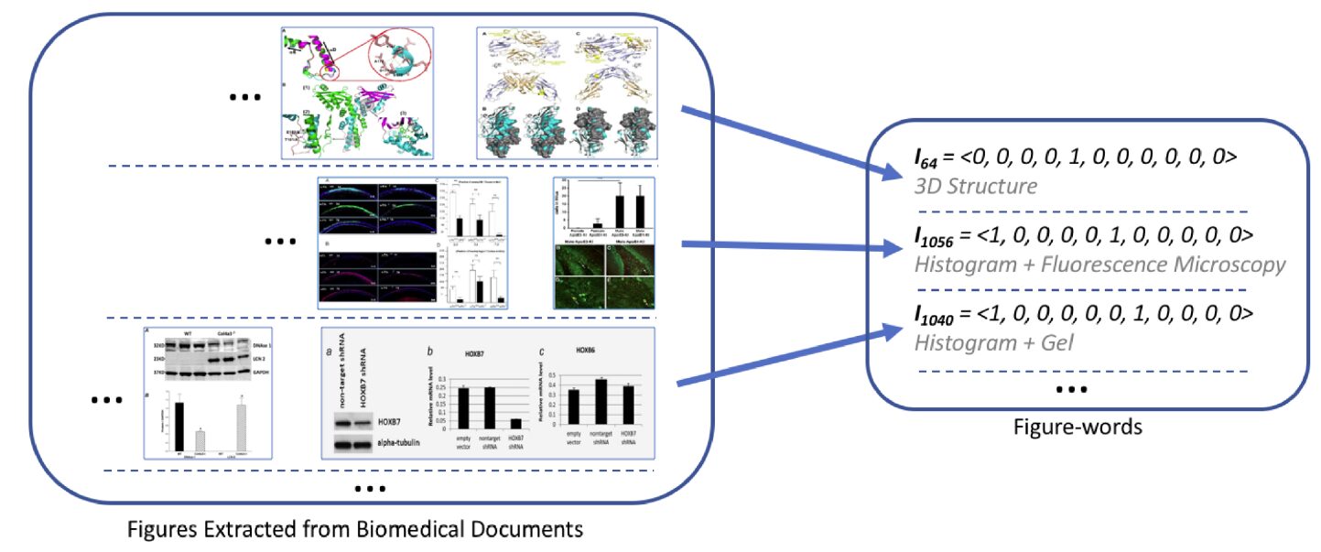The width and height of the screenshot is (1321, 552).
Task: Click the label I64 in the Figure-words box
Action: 927,158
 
